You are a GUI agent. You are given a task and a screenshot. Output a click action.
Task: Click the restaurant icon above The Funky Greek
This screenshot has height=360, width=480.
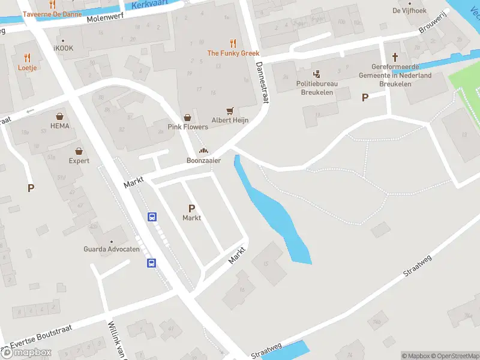click(x=232, y=43)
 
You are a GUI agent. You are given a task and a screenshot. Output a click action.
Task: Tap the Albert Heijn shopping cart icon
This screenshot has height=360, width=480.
click(x=230, y=110)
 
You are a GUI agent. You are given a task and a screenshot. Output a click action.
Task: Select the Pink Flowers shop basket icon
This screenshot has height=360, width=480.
click(x=187, y=118)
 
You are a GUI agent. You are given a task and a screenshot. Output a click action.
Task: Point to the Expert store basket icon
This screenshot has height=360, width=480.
click(x=79, y=151)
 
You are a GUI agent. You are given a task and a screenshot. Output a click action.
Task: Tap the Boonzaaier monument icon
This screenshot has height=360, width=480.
click(x=203, y=151)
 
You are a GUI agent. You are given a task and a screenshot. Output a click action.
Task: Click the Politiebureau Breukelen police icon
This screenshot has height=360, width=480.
click(x=316, y=74)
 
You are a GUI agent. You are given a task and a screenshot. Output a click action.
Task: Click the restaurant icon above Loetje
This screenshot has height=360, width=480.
click(x=27, y=58)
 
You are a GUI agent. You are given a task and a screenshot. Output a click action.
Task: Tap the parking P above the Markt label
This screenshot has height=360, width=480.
click(x=191, y=208)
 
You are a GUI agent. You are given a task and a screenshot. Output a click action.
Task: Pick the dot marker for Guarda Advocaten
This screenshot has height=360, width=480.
click(x=111, y=241)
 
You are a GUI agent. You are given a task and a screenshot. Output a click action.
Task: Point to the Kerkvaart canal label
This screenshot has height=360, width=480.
click(x=148, y=5)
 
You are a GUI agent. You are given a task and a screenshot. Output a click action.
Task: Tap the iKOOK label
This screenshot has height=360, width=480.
click(x=64, y=48)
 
